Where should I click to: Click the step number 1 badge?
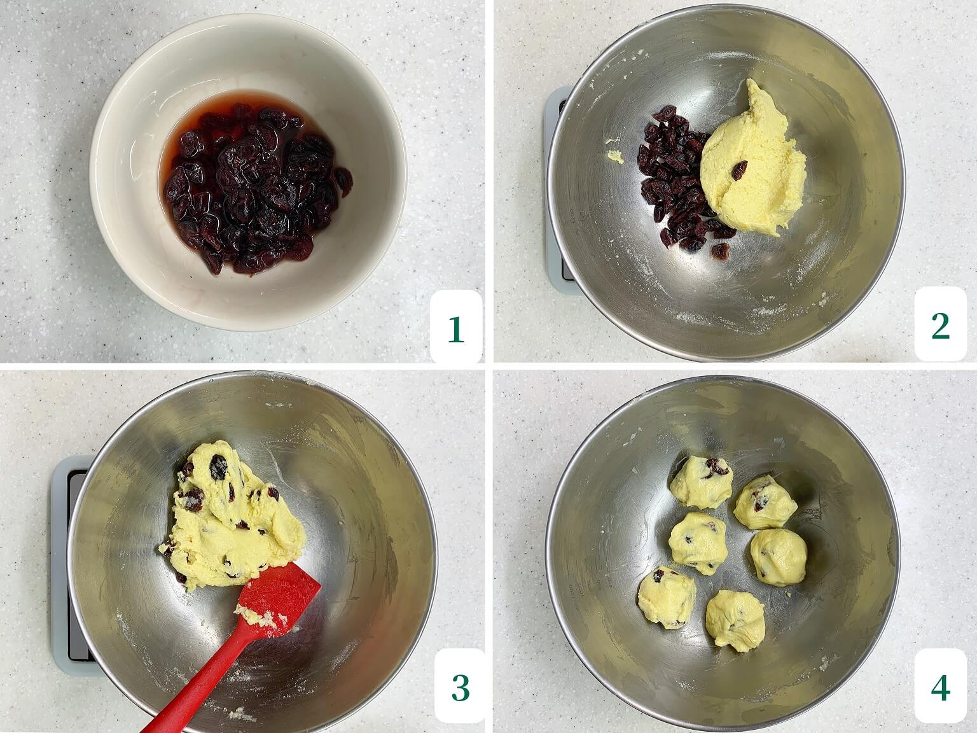456,326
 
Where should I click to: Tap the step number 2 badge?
941,324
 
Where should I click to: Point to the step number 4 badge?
941,687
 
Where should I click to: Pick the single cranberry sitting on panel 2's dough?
740,170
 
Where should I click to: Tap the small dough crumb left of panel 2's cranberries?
616,156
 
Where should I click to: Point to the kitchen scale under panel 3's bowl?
71,565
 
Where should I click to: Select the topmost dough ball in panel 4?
702,481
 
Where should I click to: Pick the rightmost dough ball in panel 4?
779,556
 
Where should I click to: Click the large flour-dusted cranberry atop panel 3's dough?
219,467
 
